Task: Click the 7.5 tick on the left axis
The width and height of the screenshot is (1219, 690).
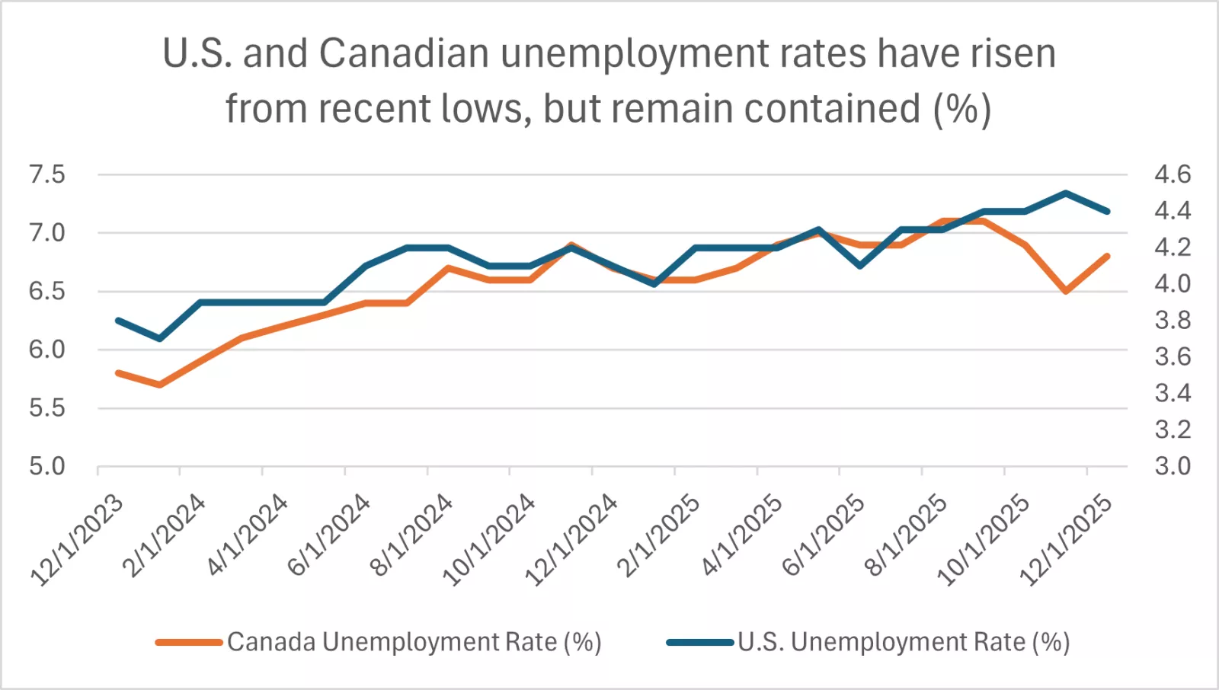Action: pos(47,174)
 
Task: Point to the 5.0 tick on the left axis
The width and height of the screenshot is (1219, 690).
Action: pos(47,466)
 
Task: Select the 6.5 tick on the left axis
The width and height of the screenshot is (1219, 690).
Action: pos(47,291)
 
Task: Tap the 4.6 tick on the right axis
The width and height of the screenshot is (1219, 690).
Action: pos(1172,174)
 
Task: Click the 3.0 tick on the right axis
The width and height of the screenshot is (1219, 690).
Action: pos(1172,466)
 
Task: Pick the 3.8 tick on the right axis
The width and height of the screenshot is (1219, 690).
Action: pos(1172,320)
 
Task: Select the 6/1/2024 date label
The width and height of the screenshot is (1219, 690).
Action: pos(329,535)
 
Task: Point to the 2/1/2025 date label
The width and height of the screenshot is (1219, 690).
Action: pos(659,535)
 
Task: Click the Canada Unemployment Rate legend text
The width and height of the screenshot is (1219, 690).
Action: pos(414,642)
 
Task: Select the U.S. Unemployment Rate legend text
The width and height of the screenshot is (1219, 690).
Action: pos(904,642)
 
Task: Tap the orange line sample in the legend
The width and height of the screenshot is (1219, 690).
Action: pos(189,642)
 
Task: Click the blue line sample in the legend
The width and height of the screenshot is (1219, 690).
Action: pos(699,642)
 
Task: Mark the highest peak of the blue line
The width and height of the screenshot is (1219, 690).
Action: pos(1066,193)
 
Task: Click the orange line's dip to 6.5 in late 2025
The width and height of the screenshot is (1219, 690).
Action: pos(1066,291)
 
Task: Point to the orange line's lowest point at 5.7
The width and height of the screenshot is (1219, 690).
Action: pos(160,385)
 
